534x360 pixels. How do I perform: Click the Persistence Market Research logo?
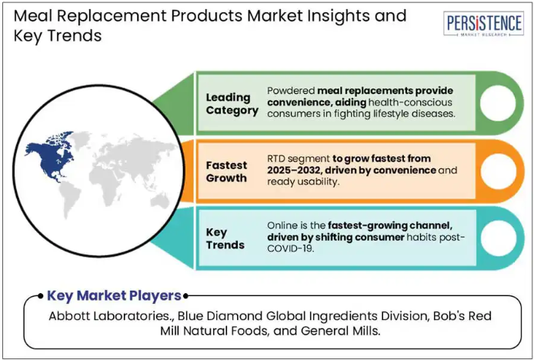(484, 24)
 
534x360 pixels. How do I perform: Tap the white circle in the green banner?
(498, 103)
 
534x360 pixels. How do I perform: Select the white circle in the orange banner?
(498, 171)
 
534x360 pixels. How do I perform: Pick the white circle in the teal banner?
(498, 238)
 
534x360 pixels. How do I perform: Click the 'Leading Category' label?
(232, 104)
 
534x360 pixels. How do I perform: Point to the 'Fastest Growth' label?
(226, 172)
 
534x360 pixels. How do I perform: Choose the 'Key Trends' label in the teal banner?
(225, 238)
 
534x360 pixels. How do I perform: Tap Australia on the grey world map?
(160, 200)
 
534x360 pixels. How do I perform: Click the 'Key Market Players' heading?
(114, 295)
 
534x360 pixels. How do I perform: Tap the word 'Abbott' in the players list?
(68, 316)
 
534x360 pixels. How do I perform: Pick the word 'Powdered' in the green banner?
(291, 91)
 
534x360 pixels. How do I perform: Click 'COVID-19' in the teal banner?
(290, 248)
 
